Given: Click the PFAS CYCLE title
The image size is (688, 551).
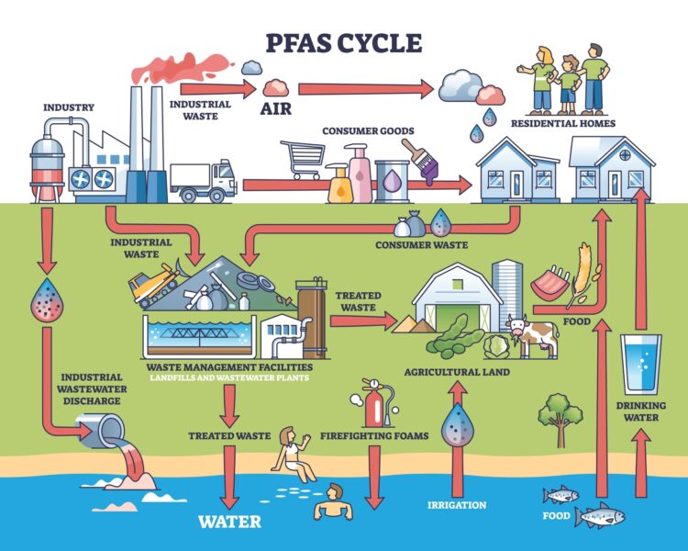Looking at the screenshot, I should (x=343, y=43).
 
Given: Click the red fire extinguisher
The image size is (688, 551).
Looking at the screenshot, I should (x=371, y=403).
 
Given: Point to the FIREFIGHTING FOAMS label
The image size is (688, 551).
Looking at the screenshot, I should (x=374, y=435).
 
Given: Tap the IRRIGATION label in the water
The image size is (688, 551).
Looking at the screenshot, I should (x=456, y=505).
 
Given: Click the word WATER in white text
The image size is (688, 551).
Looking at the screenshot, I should (x=230, y=522).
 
